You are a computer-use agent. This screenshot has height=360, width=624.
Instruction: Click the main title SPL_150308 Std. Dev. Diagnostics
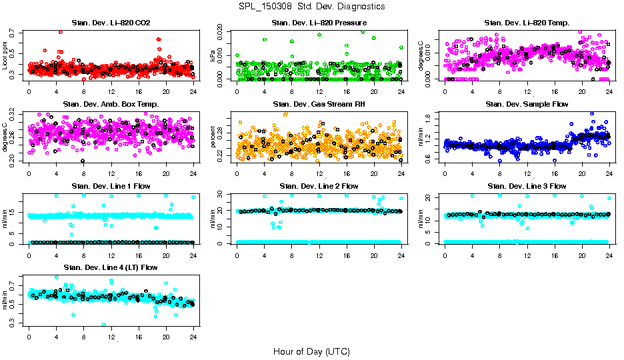coord(311,7)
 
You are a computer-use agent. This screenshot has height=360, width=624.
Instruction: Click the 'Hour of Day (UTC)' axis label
coord(311,351)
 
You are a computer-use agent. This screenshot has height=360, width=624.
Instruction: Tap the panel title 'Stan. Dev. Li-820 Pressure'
coord(318,23)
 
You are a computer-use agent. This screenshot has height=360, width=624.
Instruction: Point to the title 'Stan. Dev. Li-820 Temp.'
coord(527,23)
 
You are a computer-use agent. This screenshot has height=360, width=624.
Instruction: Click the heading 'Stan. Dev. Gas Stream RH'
coord(318,105)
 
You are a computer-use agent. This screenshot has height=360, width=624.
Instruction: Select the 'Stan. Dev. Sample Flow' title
coord(527,105)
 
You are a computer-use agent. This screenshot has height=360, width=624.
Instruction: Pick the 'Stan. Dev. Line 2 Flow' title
coord(318,186)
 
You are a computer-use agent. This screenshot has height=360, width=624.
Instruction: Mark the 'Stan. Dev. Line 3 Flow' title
coord(527,186)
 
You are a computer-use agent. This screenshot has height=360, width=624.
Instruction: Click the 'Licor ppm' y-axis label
coord(5,55)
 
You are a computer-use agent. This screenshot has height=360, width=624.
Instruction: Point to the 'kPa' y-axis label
coord(213,57)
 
